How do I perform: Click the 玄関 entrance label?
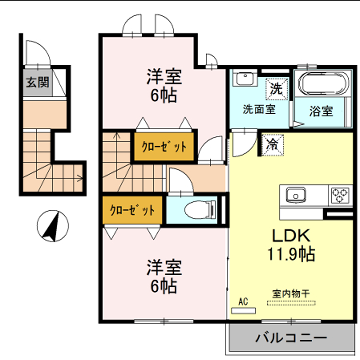point(36,82)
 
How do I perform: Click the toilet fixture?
point(194,211)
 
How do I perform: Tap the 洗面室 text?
point(257,109)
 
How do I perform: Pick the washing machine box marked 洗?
point(277,88)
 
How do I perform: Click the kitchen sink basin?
point(298,194)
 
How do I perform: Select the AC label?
point(243,299)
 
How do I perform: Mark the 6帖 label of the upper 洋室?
point(165,96)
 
